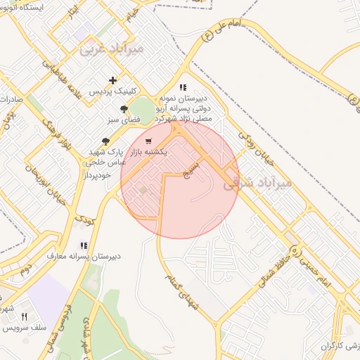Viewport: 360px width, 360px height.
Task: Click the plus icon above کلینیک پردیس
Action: [113, 81]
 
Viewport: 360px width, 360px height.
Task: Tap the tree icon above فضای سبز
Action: [124, 109]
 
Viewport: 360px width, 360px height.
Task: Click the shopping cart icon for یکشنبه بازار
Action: [147, 141]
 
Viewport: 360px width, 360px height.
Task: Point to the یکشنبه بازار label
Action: [144, 152]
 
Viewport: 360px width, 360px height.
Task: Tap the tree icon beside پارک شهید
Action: [105, 142]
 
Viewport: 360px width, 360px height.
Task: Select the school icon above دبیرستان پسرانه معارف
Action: [84, 245]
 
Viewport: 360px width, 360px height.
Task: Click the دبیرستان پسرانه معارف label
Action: [84, 256]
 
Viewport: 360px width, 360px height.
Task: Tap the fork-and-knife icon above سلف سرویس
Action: [25, 317]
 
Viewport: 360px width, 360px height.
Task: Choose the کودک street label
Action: [84, 220]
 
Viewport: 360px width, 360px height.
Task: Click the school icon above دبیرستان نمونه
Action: [183, 88]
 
